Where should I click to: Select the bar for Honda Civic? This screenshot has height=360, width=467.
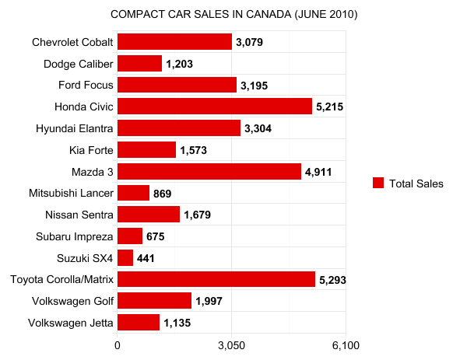click(x=215, y=107)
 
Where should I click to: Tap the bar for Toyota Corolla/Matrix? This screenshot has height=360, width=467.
click(x=216, y=279)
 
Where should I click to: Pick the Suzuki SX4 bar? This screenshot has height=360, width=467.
click(x=125, y=257)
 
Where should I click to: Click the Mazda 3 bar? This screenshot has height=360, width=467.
click(x=209, y=171)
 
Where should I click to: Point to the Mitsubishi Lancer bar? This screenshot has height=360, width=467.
click(x=133, y=193)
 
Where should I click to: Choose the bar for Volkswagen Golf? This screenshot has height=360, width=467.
click(x=154, y=300)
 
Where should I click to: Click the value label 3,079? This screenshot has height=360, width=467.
click(x=251, y=43)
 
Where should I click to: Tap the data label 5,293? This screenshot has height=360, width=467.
click(x=334, y=279)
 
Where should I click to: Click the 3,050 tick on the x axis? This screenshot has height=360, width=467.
click(x=231, y=344)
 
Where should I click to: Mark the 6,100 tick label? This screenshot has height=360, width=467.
click(x=345, y=344)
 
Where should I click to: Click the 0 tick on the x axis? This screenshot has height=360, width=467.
click(x=118, y=344)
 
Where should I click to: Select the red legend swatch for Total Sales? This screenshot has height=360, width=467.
click(x=378, y=183)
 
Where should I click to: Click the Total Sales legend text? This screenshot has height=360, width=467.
click(x=416, y=183)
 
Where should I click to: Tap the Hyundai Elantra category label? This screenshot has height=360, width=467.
click(x=75, y=128)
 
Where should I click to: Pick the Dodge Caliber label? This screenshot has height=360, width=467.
click(x=79, y=64)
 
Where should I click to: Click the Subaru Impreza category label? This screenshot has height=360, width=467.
click(x=75, y=236)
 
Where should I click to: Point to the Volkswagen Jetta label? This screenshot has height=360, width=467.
click(x=71, y=322)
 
